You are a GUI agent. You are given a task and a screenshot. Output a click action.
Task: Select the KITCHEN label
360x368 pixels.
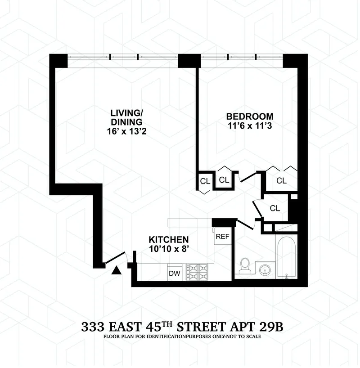(x=169, y=239)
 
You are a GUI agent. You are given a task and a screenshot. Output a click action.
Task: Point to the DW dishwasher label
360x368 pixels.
(x=174, y=273)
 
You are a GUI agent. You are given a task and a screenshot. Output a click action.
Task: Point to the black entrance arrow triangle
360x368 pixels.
(x=117, y=270)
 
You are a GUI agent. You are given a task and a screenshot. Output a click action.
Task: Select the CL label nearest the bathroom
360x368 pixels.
(x=275, y=208)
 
